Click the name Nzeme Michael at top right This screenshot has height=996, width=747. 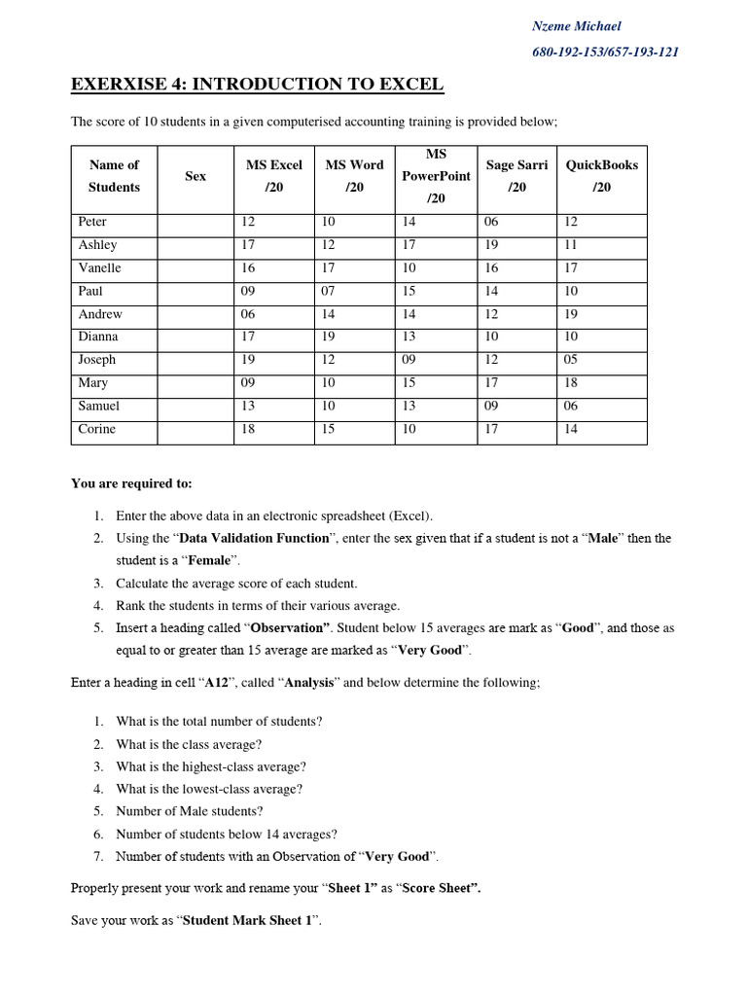(x=576, y=26)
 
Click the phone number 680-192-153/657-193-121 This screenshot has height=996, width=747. (x=605, y=52)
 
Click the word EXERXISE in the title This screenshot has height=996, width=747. (x=119, y=86)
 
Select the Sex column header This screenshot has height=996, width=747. (x=196, y=176)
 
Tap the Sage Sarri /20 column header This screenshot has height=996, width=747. (x=516, y=176)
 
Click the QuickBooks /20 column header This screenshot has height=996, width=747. (x=602, y=176)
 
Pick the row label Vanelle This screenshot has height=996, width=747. (x=100, y=267)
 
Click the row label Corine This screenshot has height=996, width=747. (x=97, y=429)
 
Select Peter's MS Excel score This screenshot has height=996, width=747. (x=248, y=222)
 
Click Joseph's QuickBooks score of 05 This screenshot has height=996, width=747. (x=571, y=360)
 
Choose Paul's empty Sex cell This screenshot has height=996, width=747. (x=196, y=291)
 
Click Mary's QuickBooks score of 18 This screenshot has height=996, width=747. (x=571, y=383)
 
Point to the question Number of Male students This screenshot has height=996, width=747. (x=190, y=811)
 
